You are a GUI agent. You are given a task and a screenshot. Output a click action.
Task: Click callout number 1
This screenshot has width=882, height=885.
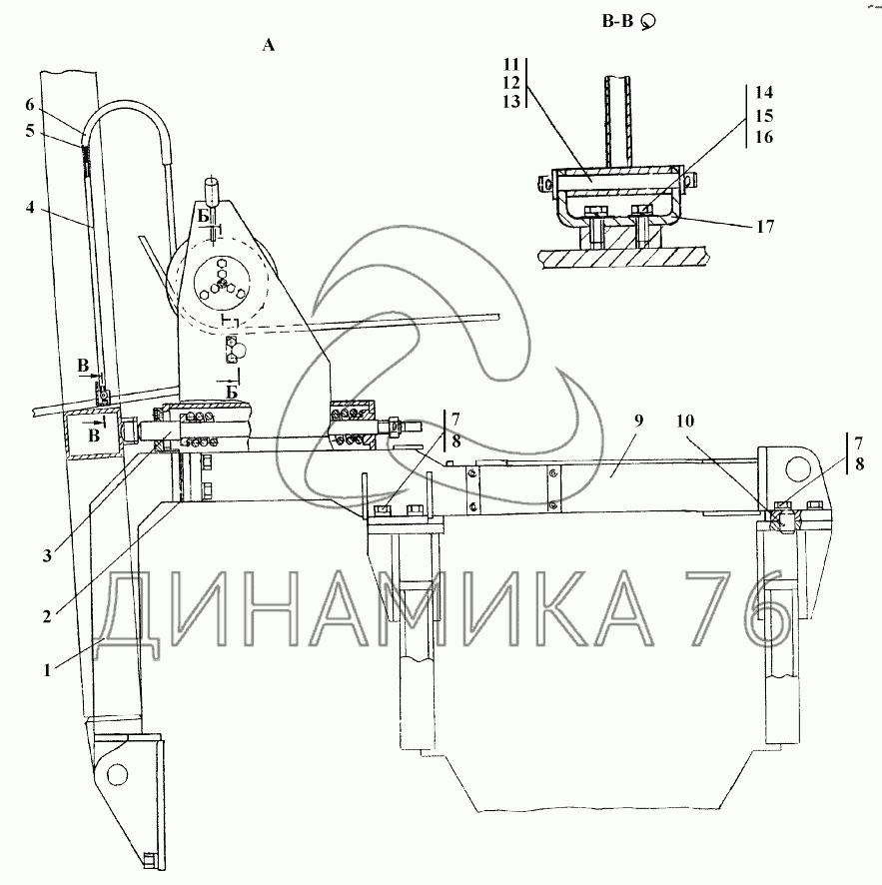pyautogui.click(x=47, y=670)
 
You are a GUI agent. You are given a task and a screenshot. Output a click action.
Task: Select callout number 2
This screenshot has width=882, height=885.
pyautogui.click(x=47, y=616)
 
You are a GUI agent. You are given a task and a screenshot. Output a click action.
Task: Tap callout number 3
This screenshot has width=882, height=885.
pyautogui.click(x=47, y=556)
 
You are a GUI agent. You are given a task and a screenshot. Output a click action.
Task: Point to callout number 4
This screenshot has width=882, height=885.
pyautogui.click(x=30, y=207)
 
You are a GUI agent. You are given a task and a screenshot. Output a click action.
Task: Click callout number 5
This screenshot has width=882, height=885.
pyautogui.click(x=30, y=131)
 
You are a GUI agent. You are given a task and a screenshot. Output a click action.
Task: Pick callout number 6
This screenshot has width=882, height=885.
pyautogui.click(x=30, y=105)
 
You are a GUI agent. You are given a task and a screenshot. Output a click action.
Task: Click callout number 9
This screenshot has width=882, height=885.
pyautogui.click(x=638, y=422)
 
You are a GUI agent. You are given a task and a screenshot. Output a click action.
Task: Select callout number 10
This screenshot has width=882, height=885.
pyautogui.click(x=685, y=422)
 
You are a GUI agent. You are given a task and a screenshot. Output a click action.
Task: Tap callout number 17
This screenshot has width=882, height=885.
pyautogui.click(x=765, y=227)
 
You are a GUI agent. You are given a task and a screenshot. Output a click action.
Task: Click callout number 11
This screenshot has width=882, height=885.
pyautogui.click(x=511, y=64)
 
